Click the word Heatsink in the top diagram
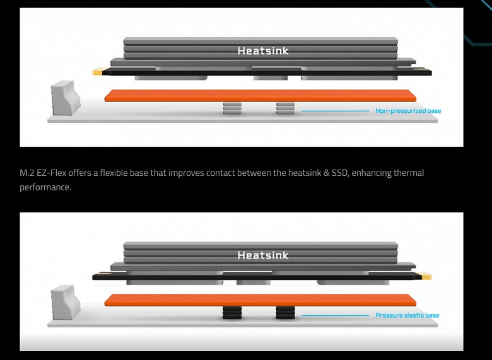263,50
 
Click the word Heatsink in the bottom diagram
263,255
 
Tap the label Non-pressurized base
408,111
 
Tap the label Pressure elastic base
407,315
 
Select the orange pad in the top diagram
260,96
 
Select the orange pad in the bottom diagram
260,300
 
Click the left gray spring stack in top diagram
231,109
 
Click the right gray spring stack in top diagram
285,109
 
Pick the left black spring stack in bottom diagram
231,313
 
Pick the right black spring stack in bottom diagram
285,313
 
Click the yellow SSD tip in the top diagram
98,73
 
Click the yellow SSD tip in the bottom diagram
426,276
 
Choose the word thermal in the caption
407,173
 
